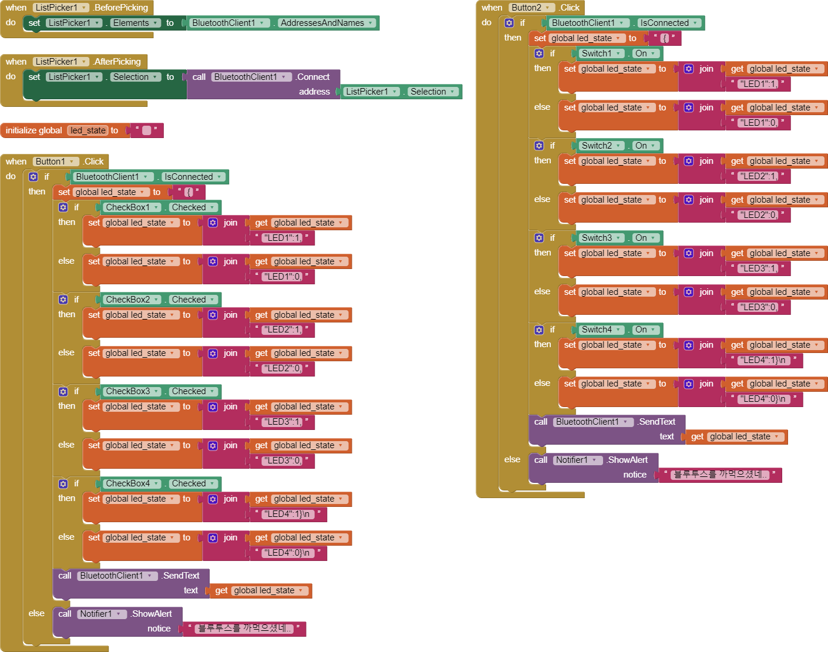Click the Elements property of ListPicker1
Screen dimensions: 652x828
pyautogui.click(x=135, y=23)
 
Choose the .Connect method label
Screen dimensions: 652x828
pyautogui.click(x=313, y=77)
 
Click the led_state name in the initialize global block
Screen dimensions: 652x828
pyautogui.click(x=88, y=130)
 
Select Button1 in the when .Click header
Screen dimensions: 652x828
pyautogui.click(x=55, y=162)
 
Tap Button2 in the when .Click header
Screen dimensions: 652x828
pyautogui.click(x=531, y=8)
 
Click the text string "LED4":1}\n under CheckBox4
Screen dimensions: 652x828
pyautogui.click(x=287, y=514)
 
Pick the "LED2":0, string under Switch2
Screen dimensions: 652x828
pyautogui.click(x=758, y=215)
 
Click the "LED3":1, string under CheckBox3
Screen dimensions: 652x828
pyautogui.click(x=282, y=422)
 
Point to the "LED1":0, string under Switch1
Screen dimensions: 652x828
pyautogui.click(x=758, y=123)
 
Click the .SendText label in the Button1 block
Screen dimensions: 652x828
pyautogui.click(x=181, y=576)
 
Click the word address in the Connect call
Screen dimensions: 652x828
pyautogui.click(x=314, y=92)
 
